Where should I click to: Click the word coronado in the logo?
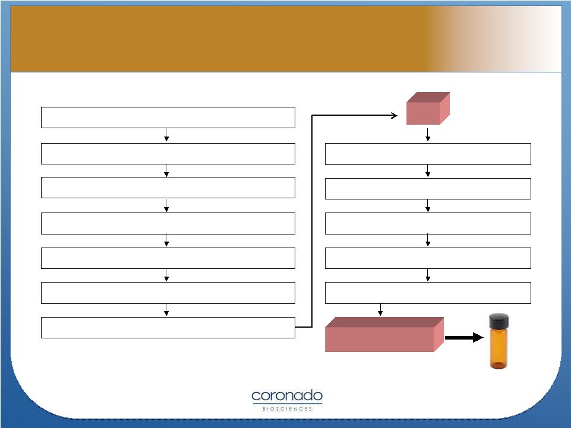[287, 396]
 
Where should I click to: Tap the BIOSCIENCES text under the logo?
[288, 409]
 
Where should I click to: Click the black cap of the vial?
[499, 321]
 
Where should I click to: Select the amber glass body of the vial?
[499, 348]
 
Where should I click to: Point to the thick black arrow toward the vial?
[464, 337]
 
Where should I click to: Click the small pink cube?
[428, 109]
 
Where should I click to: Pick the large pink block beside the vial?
[384, 334]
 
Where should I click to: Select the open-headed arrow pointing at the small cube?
[354, 115]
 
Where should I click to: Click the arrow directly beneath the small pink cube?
[428, 134]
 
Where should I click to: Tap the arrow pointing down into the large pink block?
[380, 309]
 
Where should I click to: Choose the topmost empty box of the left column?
[168, 118]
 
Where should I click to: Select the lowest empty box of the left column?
[168, 328]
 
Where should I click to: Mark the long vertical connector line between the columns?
[312, 221]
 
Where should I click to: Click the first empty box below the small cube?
[428, 154]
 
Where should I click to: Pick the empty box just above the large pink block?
[428, 293]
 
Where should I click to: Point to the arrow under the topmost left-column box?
[166, 135]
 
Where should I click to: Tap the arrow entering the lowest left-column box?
[166, 309]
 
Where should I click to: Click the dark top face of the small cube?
[428, 97]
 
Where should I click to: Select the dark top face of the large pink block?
[384, 322]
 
